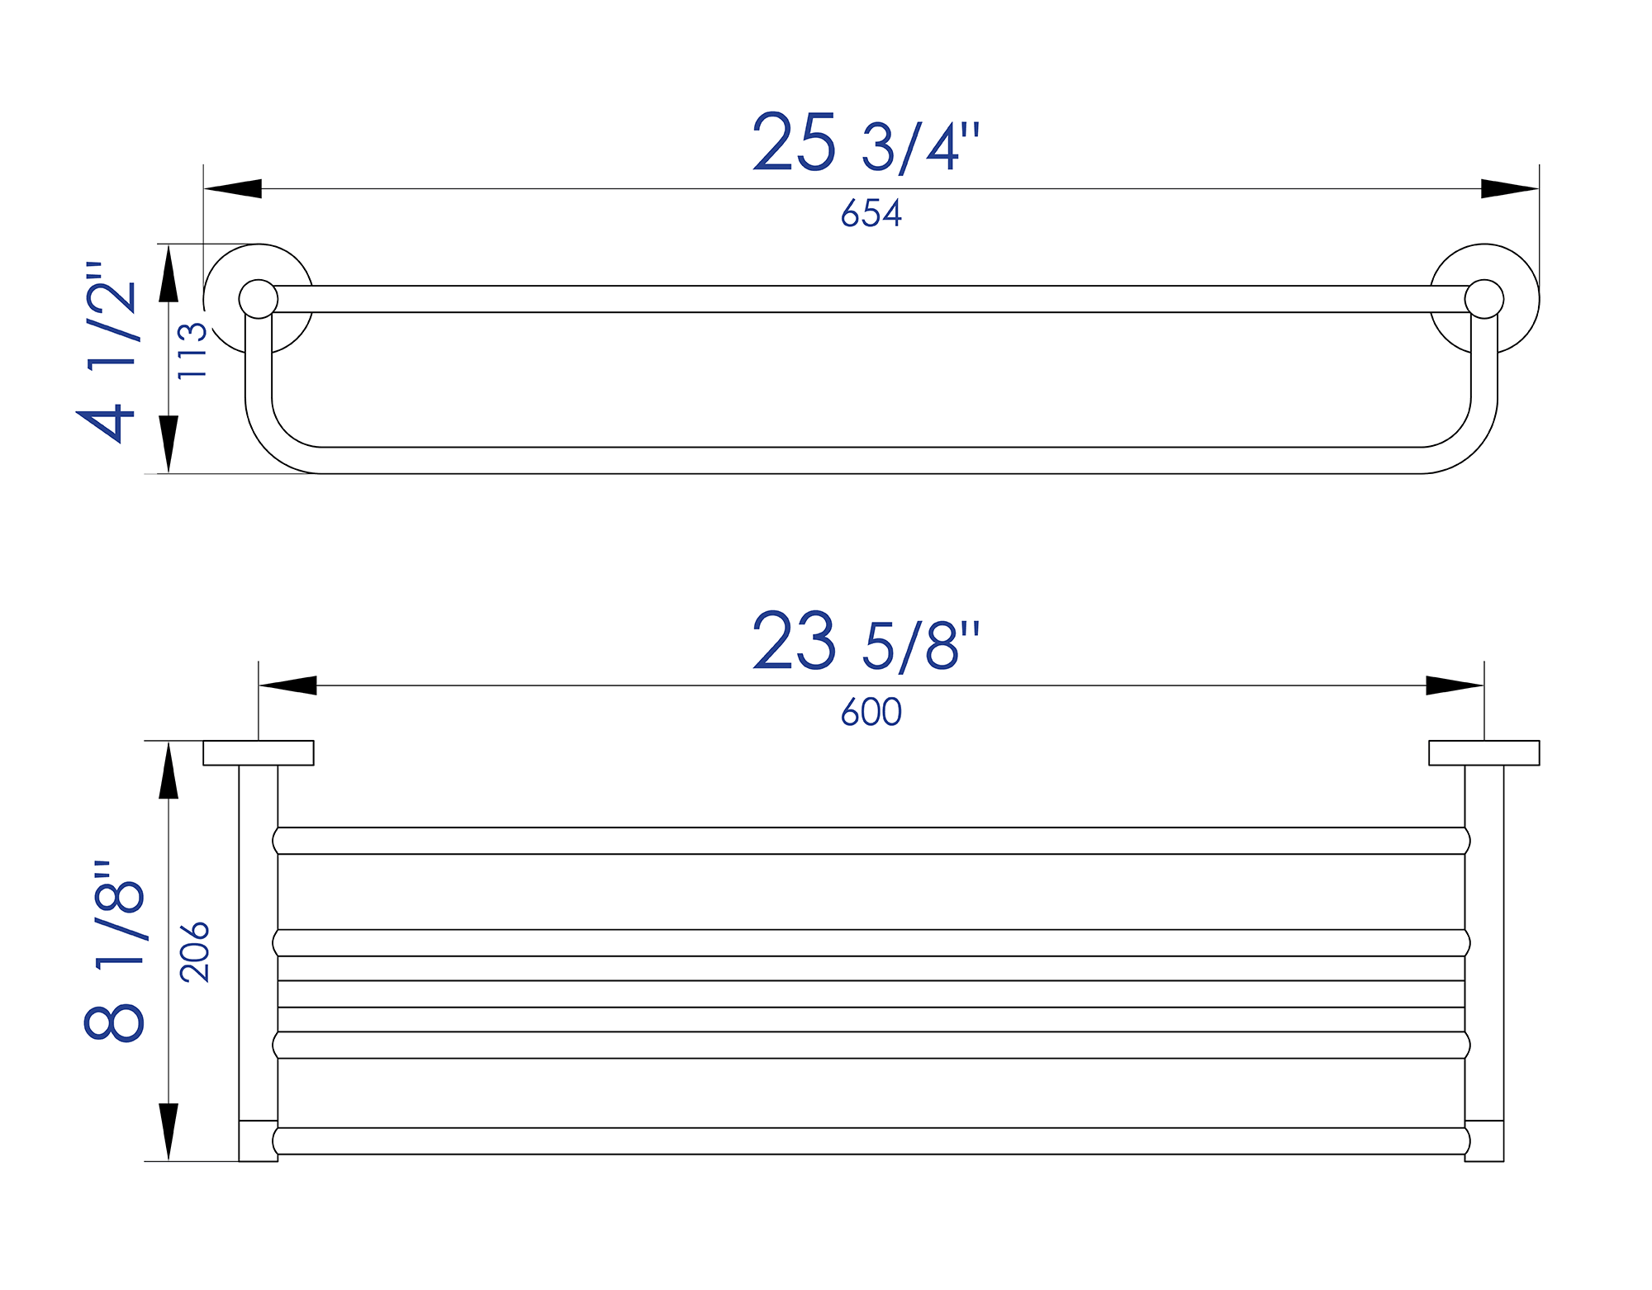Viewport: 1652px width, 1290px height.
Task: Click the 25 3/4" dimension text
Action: pos(866,144)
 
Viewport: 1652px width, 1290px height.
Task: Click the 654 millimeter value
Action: pos(871,213)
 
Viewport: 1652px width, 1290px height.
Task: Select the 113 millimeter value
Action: pos(192,352)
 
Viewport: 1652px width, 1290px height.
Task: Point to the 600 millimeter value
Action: pos(871,712)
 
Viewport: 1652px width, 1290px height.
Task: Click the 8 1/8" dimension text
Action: pos(115,950)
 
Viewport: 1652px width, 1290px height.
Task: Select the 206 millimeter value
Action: pos(195,951)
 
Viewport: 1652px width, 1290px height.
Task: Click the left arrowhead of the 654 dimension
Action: pos(234,189)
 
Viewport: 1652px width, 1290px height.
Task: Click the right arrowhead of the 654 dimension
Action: pos(1509,189)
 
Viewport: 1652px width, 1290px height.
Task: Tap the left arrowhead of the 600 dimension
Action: pos(288,685)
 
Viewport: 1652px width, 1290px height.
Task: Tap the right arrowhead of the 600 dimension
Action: pos(1454,685)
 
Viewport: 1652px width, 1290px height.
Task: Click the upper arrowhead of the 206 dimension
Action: pos(169,771)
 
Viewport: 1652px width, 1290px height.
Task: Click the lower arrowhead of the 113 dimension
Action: pos(169,443)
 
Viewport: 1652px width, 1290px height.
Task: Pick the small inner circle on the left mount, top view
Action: pos(259,299)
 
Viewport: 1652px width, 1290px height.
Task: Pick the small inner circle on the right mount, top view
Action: pos(1484,299)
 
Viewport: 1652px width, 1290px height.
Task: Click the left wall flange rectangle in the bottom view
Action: pos(259,753)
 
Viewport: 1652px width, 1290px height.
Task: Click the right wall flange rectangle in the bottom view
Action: pos(1484,753)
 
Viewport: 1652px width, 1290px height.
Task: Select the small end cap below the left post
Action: pos(258,1141)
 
